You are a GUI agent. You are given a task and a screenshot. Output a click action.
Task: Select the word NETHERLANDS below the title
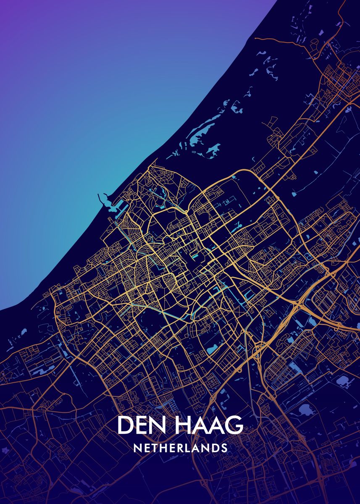[180, 448]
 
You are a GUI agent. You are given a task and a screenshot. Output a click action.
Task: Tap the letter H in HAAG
[179, 425]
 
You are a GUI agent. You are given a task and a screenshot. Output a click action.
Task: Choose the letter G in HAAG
[234, 425]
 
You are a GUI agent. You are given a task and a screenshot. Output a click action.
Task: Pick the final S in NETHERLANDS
[224, 448]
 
